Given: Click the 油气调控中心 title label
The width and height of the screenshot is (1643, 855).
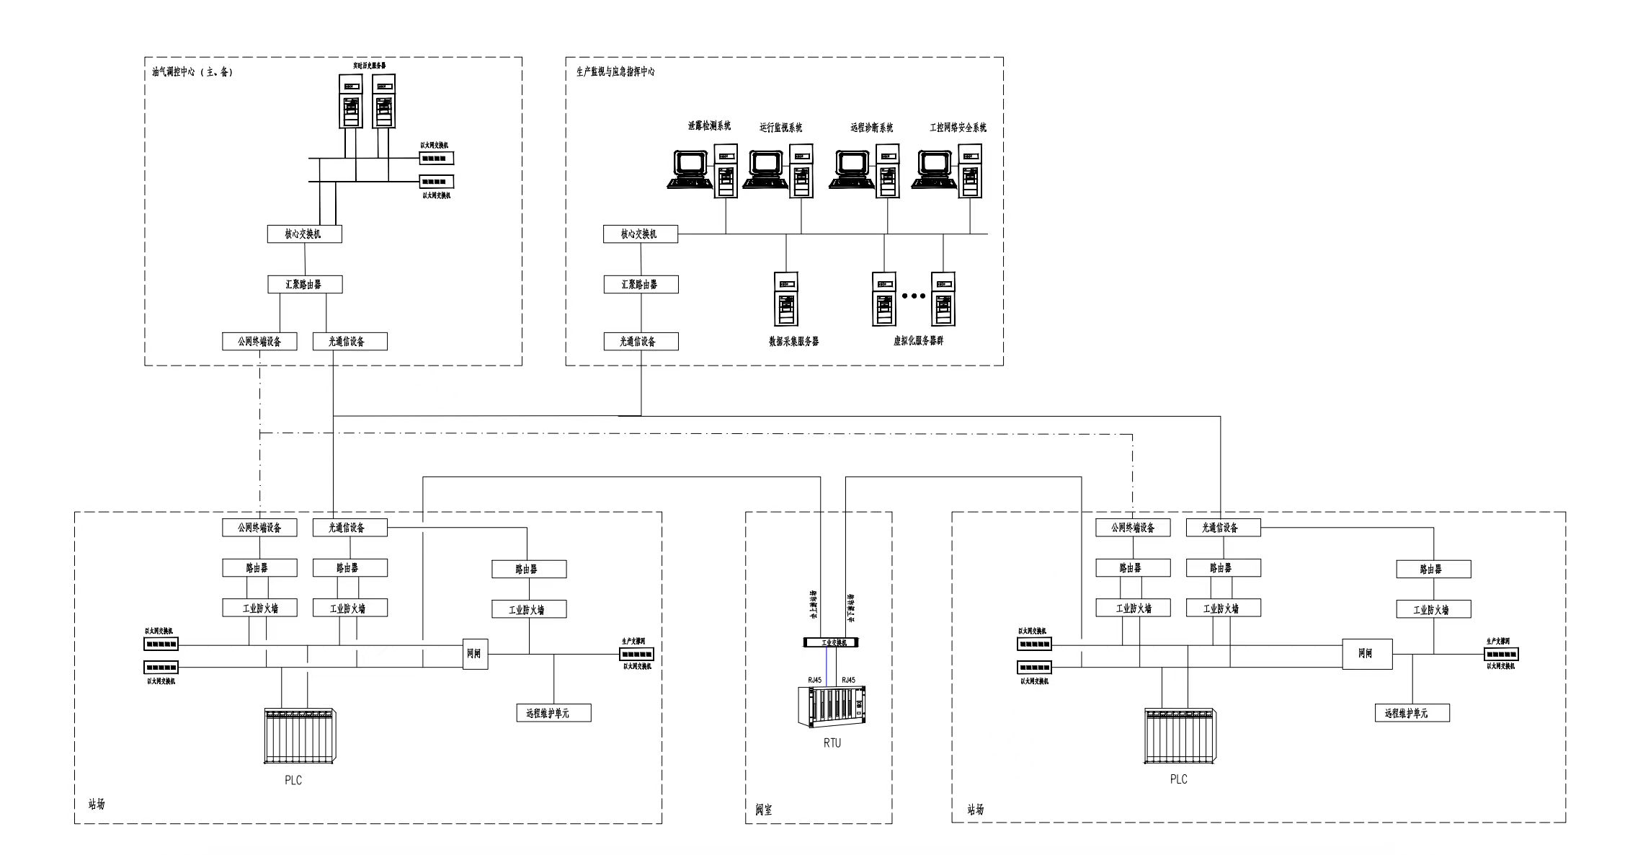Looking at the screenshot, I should pos(192,72).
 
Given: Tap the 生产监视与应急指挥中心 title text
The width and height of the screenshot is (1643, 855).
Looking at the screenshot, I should pos(615,72).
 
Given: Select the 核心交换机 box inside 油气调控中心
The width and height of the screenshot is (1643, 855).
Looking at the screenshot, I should pos(304,234).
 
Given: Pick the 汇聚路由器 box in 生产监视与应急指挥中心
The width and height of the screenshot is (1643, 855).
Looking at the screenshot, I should pos(641,285).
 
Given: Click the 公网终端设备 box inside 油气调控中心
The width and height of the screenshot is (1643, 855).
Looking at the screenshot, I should pos(259,342).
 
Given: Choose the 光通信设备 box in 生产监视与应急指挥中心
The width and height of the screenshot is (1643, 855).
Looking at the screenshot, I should pos(641,342).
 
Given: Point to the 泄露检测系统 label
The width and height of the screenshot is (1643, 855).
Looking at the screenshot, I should pos(709,126).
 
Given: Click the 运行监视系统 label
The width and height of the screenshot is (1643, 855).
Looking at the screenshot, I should pos(780,128).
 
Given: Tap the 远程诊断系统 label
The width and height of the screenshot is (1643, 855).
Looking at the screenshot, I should pos(871,128).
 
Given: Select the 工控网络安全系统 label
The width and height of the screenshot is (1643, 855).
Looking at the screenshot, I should pos(958,128).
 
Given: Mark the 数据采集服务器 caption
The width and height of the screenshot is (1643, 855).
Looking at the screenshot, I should pos(793,342).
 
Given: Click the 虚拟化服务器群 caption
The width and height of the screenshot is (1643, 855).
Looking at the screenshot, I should pos(918,341).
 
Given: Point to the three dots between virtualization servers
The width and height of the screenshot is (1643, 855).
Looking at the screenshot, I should pos(913,296).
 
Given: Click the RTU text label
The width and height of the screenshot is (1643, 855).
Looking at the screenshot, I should pos(832,743).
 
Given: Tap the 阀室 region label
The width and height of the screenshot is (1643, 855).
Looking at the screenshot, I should pos(763,810).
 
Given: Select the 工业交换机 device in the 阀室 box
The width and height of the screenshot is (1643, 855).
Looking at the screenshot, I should pos(831,642).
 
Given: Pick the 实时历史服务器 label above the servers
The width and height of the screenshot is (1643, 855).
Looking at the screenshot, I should pos(369,66).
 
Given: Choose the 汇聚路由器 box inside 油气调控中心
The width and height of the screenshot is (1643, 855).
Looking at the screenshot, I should pos(304,285).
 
